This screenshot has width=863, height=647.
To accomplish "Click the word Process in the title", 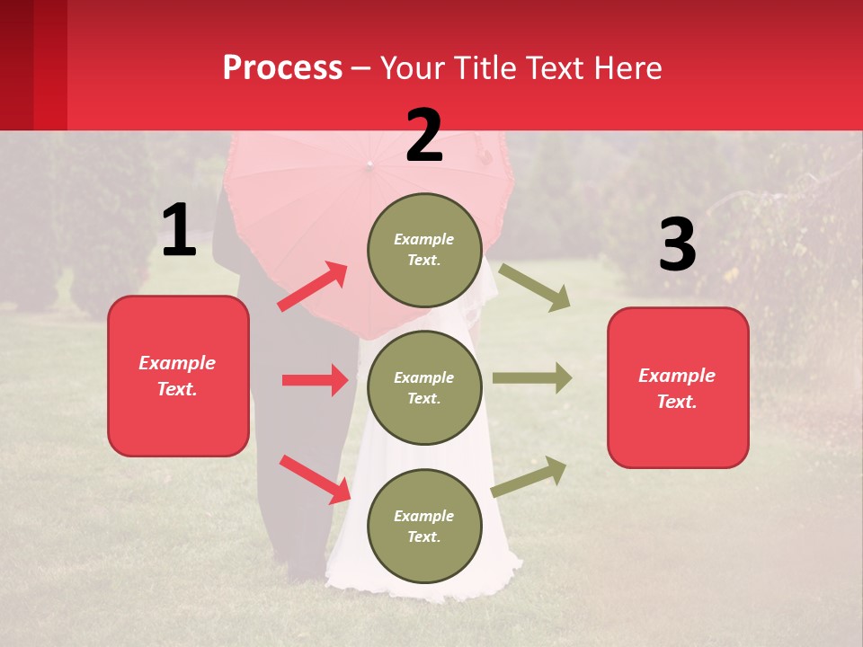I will [282, 68].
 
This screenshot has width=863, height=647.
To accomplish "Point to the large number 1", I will [179, 231].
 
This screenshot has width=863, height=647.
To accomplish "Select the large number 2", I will [424, 136].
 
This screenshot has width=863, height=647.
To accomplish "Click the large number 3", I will [677, 245].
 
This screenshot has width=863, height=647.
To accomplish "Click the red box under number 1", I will [178, 376].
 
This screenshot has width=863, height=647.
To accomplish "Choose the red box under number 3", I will [678, 387].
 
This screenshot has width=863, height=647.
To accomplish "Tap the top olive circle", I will [424, 250].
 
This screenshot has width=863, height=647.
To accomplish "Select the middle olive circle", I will [424, 387].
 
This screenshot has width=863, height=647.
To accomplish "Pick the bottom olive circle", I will [424, 526].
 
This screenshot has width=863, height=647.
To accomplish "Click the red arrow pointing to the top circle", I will [312, 287].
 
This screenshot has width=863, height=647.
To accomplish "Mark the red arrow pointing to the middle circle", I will [315, 380].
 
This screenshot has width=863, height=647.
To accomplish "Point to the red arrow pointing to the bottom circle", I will [315, 478].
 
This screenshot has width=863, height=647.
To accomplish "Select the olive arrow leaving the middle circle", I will [532, 378].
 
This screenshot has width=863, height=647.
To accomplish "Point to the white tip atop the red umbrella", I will [369, 165].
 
